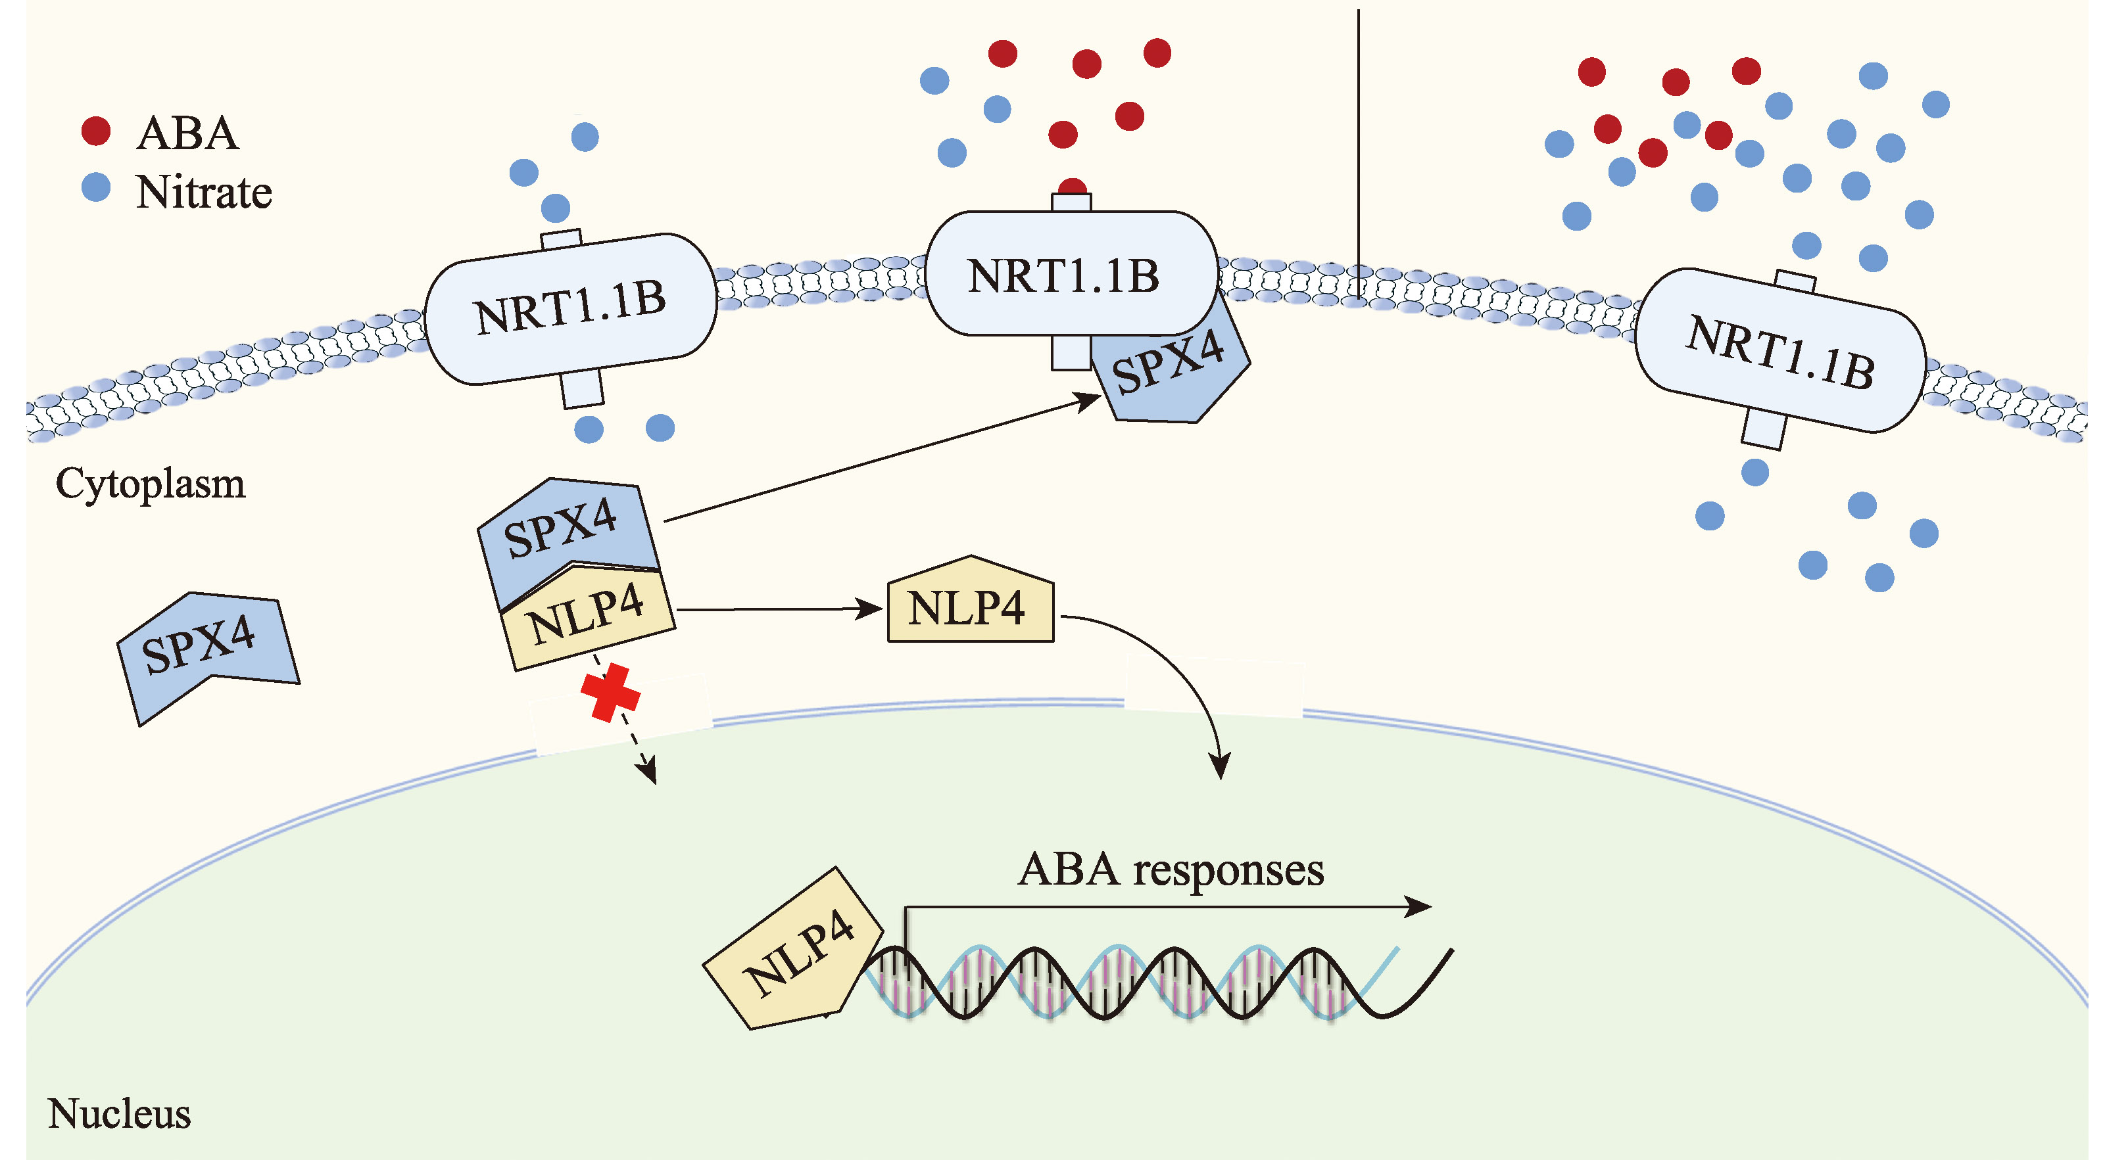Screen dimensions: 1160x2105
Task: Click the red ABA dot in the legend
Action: pyautogui.click(x=97, y=131)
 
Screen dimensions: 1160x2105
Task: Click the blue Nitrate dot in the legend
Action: pyautogui.click(x=97, y=187)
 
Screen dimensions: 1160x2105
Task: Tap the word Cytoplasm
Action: pyautogui.click(x=151, y=484)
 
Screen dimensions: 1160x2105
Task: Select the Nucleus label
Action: pyautogui.click(x=119, y=1113)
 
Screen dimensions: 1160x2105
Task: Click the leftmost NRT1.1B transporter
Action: pyautogui.click(x=570, y=309)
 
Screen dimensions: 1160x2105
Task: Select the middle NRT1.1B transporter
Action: pyautogui.click(x=1071, y=273)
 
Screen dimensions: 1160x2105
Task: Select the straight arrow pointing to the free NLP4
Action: pyautogui.click(x=781, y=609)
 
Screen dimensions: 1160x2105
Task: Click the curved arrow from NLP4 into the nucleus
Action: pyautogui.click(x=1176, y=670)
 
